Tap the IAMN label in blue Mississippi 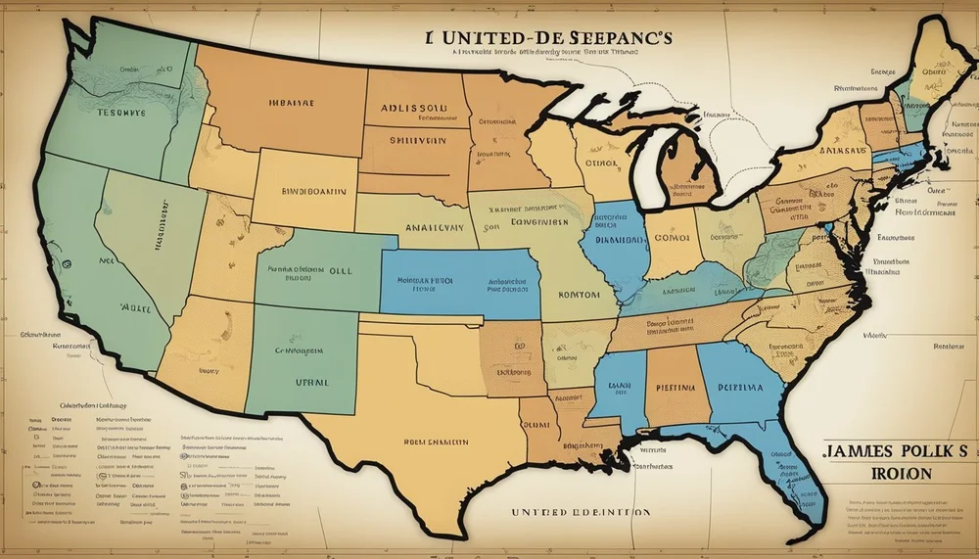(619, 385)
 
